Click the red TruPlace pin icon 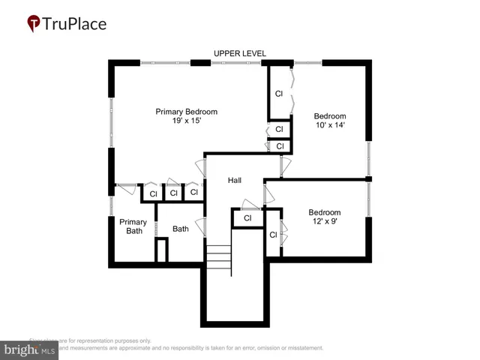pyautogui.click(x=34, y=24)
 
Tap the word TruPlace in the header pyautogui.click(x=74, y=23)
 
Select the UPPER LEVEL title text pyautogui.click(x=239, y=53)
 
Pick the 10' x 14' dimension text pyautogui.click(x=330, y=126)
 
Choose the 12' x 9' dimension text pyautogui.click(x=325, y=222)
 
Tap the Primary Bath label pyautogui.click(x=133, y=226)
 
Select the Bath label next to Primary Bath pyautogui.click(x=181, y=229)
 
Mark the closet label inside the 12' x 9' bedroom pyautogui.click(x=273, y=235)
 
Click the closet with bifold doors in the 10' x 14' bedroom pyautogui.click(x=278, y=94)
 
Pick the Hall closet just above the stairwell pyautogui.click(x=247, y=218)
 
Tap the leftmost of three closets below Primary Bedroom pyautogui.click(x=153, y=193)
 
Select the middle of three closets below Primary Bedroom pyautogui.click(x=173, y=193)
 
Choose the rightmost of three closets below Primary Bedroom pyautogui.click(x=193, y=192)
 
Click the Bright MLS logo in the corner pyautogui.click(x=30, y=349)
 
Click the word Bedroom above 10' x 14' pyautogui.click(x=330, y=116)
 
